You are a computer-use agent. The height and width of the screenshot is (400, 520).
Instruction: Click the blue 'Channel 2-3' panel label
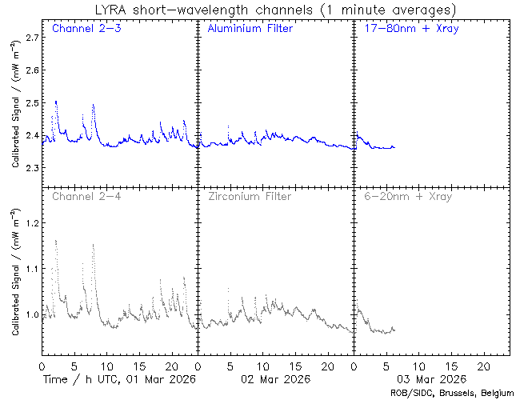tap(81, 29)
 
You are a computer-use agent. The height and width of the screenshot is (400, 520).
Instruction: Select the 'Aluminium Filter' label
tap(250, 29)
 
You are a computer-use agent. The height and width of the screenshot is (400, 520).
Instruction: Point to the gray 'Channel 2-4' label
tap(81, 195)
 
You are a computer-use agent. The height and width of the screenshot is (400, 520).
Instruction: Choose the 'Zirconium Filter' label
tap(250, 195)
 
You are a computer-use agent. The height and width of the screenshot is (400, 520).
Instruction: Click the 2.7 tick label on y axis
tap(31, 38)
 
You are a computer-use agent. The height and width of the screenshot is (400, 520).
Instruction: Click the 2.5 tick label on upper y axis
tap(31, 102)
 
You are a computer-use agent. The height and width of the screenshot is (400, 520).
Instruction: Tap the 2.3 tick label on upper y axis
tap(31, 168)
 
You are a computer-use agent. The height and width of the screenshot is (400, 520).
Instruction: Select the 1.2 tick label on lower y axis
tap(31, 224)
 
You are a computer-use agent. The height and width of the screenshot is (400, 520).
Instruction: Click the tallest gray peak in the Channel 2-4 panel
tap(56, 241)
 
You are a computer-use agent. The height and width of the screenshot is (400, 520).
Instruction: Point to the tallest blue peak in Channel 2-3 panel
tap(56, 102)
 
